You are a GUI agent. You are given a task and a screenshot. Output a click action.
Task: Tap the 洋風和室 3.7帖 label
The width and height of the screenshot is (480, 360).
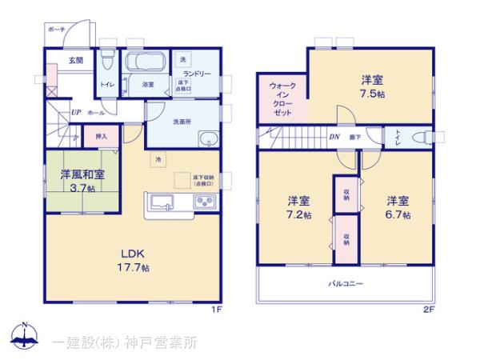80,180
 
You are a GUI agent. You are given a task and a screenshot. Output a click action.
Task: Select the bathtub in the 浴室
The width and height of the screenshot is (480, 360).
146,64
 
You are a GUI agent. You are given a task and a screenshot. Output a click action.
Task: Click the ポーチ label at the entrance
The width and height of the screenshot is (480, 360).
56,29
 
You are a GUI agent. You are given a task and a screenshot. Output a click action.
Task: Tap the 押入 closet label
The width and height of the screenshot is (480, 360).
101,137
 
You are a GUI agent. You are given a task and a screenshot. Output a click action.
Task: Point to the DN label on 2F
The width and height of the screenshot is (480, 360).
334,137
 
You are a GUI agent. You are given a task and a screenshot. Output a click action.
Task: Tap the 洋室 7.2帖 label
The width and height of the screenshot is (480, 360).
296,207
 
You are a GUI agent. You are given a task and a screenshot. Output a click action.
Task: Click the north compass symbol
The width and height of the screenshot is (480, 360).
24,337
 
